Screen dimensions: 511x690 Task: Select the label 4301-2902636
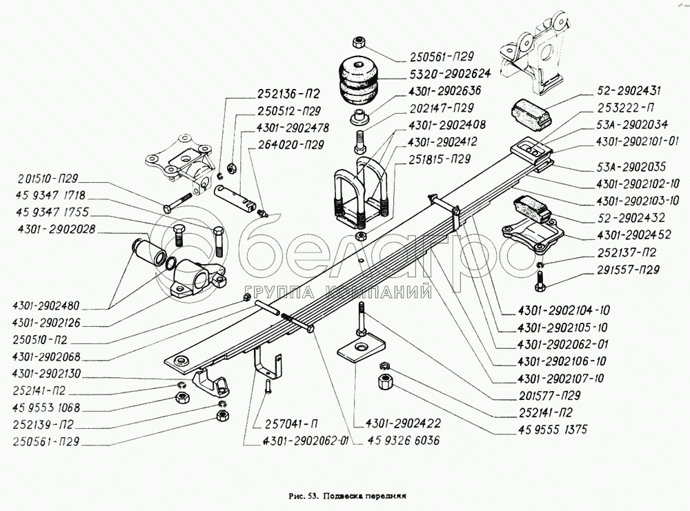coord(444,90)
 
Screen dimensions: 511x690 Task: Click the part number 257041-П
coord(283,423)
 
